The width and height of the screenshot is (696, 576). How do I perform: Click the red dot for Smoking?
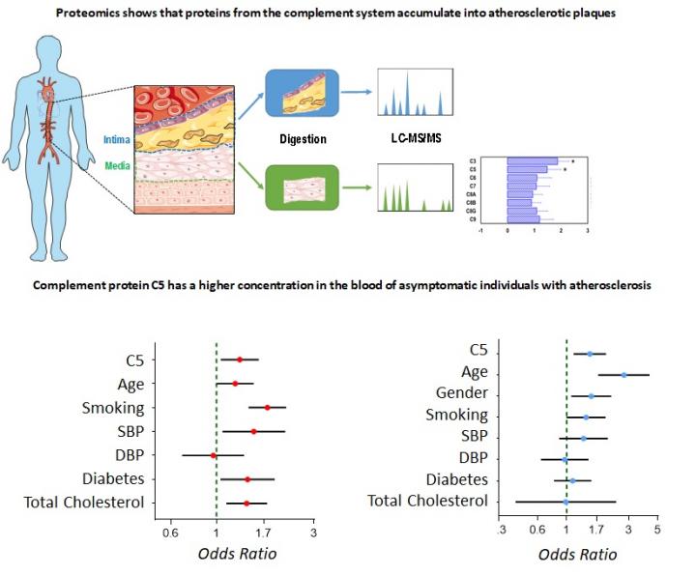click(268, 407)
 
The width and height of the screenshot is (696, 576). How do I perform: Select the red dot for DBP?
click(214, 454)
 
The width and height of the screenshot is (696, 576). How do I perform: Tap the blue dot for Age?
click(623, 374)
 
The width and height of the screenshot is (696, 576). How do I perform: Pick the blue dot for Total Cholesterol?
click(565, 502)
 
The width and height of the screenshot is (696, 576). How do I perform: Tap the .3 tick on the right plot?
click(501, 531)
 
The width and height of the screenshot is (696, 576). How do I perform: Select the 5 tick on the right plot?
click(656, 531)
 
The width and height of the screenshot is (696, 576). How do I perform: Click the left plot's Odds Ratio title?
click(237, 554)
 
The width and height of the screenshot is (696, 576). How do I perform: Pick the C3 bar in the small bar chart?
click(533, 160)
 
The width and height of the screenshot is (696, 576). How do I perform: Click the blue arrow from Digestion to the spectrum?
click(357, 95)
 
